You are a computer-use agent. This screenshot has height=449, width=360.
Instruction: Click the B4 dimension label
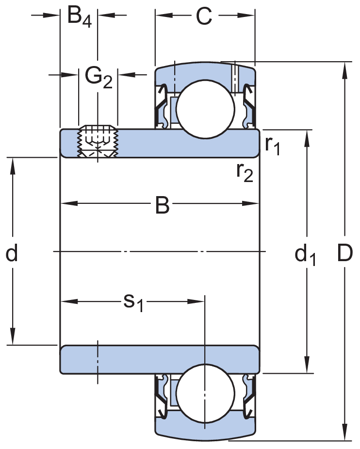tap(79, 17)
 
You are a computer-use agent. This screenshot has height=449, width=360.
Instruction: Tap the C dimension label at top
tap(204, 17)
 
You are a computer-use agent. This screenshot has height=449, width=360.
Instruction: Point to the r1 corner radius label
tap(273, 145)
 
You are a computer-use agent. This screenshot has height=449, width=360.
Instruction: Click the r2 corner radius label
tap(245, 172)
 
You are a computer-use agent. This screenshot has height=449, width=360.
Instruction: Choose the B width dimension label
tap(162, 205)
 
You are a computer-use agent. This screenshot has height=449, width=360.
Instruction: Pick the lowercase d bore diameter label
tap(12, 253)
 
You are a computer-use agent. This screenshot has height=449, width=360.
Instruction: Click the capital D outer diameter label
tap(344, 253)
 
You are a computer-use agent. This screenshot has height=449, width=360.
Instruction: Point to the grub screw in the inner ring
tap(98, 142)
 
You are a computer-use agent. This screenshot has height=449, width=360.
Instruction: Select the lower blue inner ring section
tap(160, 359)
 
